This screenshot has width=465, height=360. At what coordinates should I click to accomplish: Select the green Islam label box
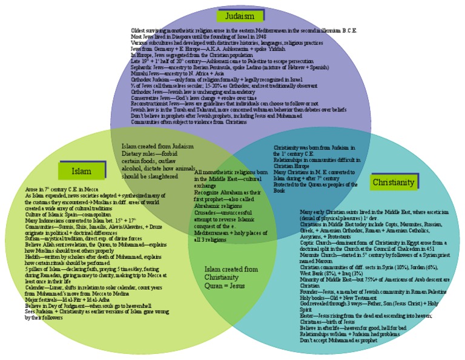point(81,171)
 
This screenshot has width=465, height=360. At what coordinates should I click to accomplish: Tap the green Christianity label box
point(394,182)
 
